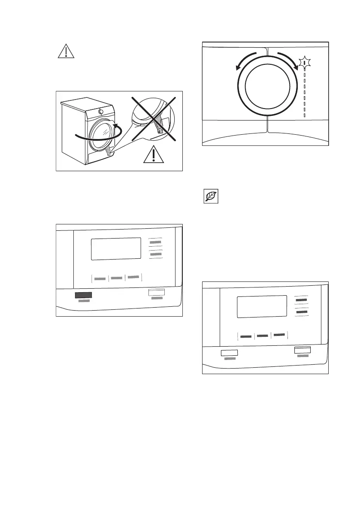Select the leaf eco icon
(x=210, y=197)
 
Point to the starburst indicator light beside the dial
(x=305, y=63)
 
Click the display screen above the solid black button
(x=116, y=248)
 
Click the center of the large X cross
(x=154, y=118)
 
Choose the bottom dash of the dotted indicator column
(x=304, y=115)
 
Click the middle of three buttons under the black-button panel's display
(x=117, y=278)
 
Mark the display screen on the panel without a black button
(x=262, y=306)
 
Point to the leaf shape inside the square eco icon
(x=210, y=197)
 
